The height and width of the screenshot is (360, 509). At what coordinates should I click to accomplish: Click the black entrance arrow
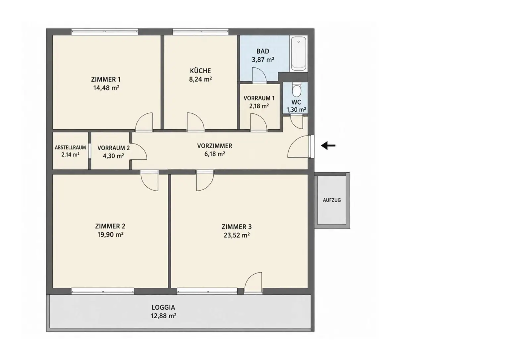tap(328, 146)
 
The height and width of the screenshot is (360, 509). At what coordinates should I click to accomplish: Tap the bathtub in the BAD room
tap(299, 54)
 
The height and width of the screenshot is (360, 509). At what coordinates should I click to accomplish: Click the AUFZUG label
tap(332, 200)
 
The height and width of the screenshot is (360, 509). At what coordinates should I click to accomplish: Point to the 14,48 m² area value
tap(106, 88)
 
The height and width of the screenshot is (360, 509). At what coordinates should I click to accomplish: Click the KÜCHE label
tap(200, 71)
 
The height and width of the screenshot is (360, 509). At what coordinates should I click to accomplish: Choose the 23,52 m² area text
tap(237, 235)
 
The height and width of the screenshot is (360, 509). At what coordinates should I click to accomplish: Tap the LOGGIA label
tap(163, 308)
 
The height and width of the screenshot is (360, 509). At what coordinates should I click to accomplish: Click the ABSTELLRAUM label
tap(71, 148)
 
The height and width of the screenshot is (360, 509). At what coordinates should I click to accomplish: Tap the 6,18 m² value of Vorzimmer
tap(215, 154)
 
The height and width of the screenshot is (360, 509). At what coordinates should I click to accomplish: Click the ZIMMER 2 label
tap(110, 226)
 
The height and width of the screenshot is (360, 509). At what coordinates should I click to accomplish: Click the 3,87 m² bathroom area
tap(263, 60)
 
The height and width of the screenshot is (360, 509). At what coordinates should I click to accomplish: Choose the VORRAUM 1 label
tap(259, 98)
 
